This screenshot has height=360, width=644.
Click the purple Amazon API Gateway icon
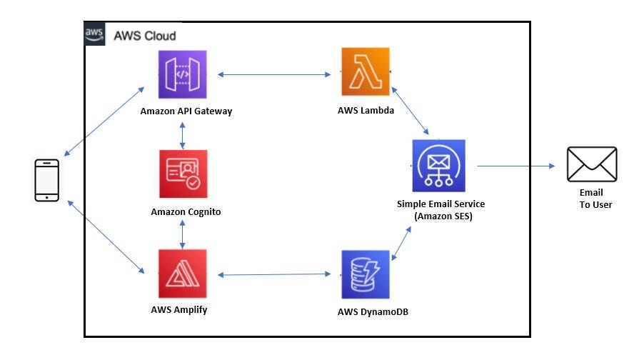click(182, 74)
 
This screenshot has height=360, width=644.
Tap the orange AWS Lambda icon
click(365, 72)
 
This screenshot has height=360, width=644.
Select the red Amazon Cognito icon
click(183, 174)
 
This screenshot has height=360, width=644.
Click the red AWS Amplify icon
click(183, 274)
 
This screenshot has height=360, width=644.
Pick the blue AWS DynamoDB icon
click(366, 274)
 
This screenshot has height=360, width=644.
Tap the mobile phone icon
click(47, 180)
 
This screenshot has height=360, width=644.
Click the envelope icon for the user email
click(591, 164)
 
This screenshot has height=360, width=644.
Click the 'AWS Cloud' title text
click(145, 36)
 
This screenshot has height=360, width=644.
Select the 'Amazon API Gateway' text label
click(186, 111)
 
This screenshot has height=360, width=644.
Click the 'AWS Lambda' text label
click(366, 111)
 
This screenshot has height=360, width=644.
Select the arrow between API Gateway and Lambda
click(274, 74)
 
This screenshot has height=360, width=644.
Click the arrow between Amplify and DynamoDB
click(274, 274)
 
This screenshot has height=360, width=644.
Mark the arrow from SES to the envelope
click(515, 166)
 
